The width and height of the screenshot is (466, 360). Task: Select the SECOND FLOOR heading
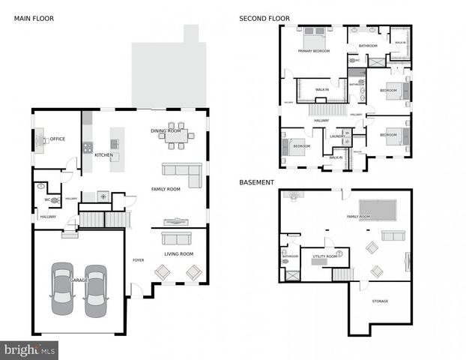264,18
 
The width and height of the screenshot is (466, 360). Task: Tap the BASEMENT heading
256,182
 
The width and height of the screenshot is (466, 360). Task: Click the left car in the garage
61,290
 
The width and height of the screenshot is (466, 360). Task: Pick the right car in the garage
96,290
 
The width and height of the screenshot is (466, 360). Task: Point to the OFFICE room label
58,139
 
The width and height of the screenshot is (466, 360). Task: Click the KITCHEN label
103,155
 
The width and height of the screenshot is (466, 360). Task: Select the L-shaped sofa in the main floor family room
184,173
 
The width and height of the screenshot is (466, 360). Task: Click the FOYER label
138,260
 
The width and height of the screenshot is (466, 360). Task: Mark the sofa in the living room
177,238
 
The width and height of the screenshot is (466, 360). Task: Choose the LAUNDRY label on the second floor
337,136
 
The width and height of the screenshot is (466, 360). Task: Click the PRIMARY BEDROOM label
314,51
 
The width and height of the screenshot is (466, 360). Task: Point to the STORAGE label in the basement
380,301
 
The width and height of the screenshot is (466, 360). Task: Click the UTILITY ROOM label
324,256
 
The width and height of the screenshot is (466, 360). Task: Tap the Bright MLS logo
30,349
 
